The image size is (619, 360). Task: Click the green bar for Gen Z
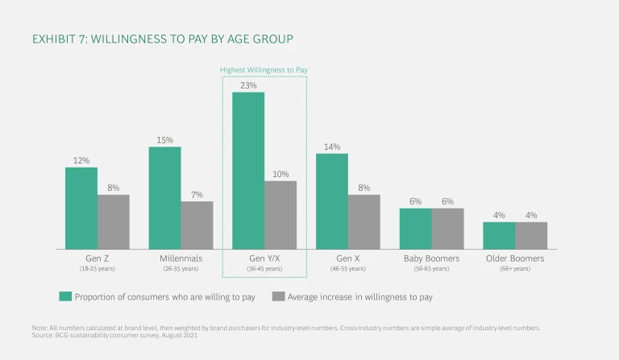pyautogui.click(x=81, y=208)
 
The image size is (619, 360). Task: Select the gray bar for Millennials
pyautogui.click(x=197, y=225)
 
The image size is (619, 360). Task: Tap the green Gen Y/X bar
pyautogui.click(x=248, y=170)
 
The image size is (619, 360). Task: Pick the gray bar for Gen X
pyautogui.click(x=364, y=221)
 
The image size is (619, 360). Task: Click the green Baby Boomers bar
pyautogui.click(x=415, y=228)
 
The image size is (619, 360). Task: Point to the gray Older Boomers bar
pyautogui.click(x=531, y=235)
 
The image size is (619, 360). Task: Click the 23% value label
pyautogui.click(x=248, y=84)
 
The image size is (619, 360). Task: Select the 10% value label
pyautogui.click(x=280, y=173)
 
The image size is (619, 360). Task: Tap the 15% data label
pyautogui.click(x=164, y=139)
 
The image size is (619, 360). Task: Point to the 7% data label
pyautogui.click(x=197, y=194)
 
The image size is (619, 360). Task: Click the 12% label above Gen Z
pyautogui.click(x=81, y=159)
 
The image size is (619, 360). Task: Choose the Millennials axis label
pyautogui.click(x=181, y=259)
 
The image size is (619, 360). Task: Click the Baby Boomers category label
pyautogui.click(x=431, y=259)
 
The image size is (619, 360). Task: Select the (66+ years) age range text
pyautogui.click(x=514, y=269)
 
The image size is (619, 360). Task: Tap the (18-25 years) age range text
pyautogui.click(x=98, y=269)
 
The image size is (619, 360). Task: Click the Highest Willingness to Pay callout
pyautogui.click(x=264, y=70)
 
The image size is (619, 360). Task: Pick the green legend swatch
pyautogui.click(x=64, y=296)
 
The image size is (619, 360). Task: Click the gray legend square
pyautogui.click(x=278, y=296)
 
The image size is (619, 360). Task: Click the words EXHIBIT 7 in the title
pyautogui.click(x=60, y=39)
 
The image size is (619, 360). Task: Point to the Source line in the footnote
pyautogui.click(x=112, y=334)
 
